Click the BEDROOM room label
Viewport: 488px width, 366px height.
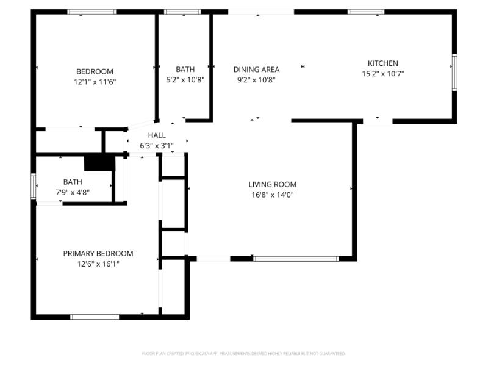coord(95,71)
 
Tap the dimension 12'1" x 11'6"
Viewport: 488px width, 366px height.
coord(95,81)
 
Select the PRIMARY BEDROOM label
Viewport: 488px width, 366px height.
coord(98,253)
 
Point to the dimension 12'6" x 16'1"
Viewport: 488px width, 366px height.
coord(98,264)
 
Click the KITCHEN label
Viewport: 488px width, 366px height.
coord(382,63)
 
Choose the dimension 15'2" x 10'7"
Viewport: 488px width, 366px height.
coord(382,73)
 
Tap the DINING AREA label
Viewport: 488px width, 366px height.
coord(256,69)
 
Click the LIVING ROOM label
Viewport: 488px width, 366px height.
coord(272,184)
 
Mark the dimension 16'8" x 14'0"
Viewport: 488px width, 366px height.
coord(272,195)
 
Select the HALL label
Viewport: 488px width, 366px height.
coord(157,135)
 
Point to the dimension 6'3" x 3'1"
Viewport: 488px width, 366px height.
coord(157,145)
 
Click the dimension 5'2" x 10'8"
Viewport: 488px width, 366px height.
coord(185,79)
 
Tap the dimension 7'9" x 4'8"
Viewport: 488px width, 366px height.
coord(73,192)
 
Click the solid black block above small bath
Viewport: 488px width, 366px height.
coord(99,163)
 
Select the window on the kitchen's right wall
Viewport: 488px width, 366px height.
coord(454,73)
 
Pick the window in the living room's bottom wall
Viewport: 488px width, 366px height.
coord(296,259)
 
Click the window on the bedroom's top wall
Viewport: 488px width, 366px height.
coord(91,11)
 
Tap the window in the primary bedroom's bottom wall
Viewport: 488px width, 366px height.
coord(95,317)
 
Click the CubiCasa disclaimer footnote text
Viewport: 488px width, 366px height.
coord(244,353)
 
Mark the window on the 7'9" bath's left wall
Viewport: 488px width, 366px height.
coord(34,187)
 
